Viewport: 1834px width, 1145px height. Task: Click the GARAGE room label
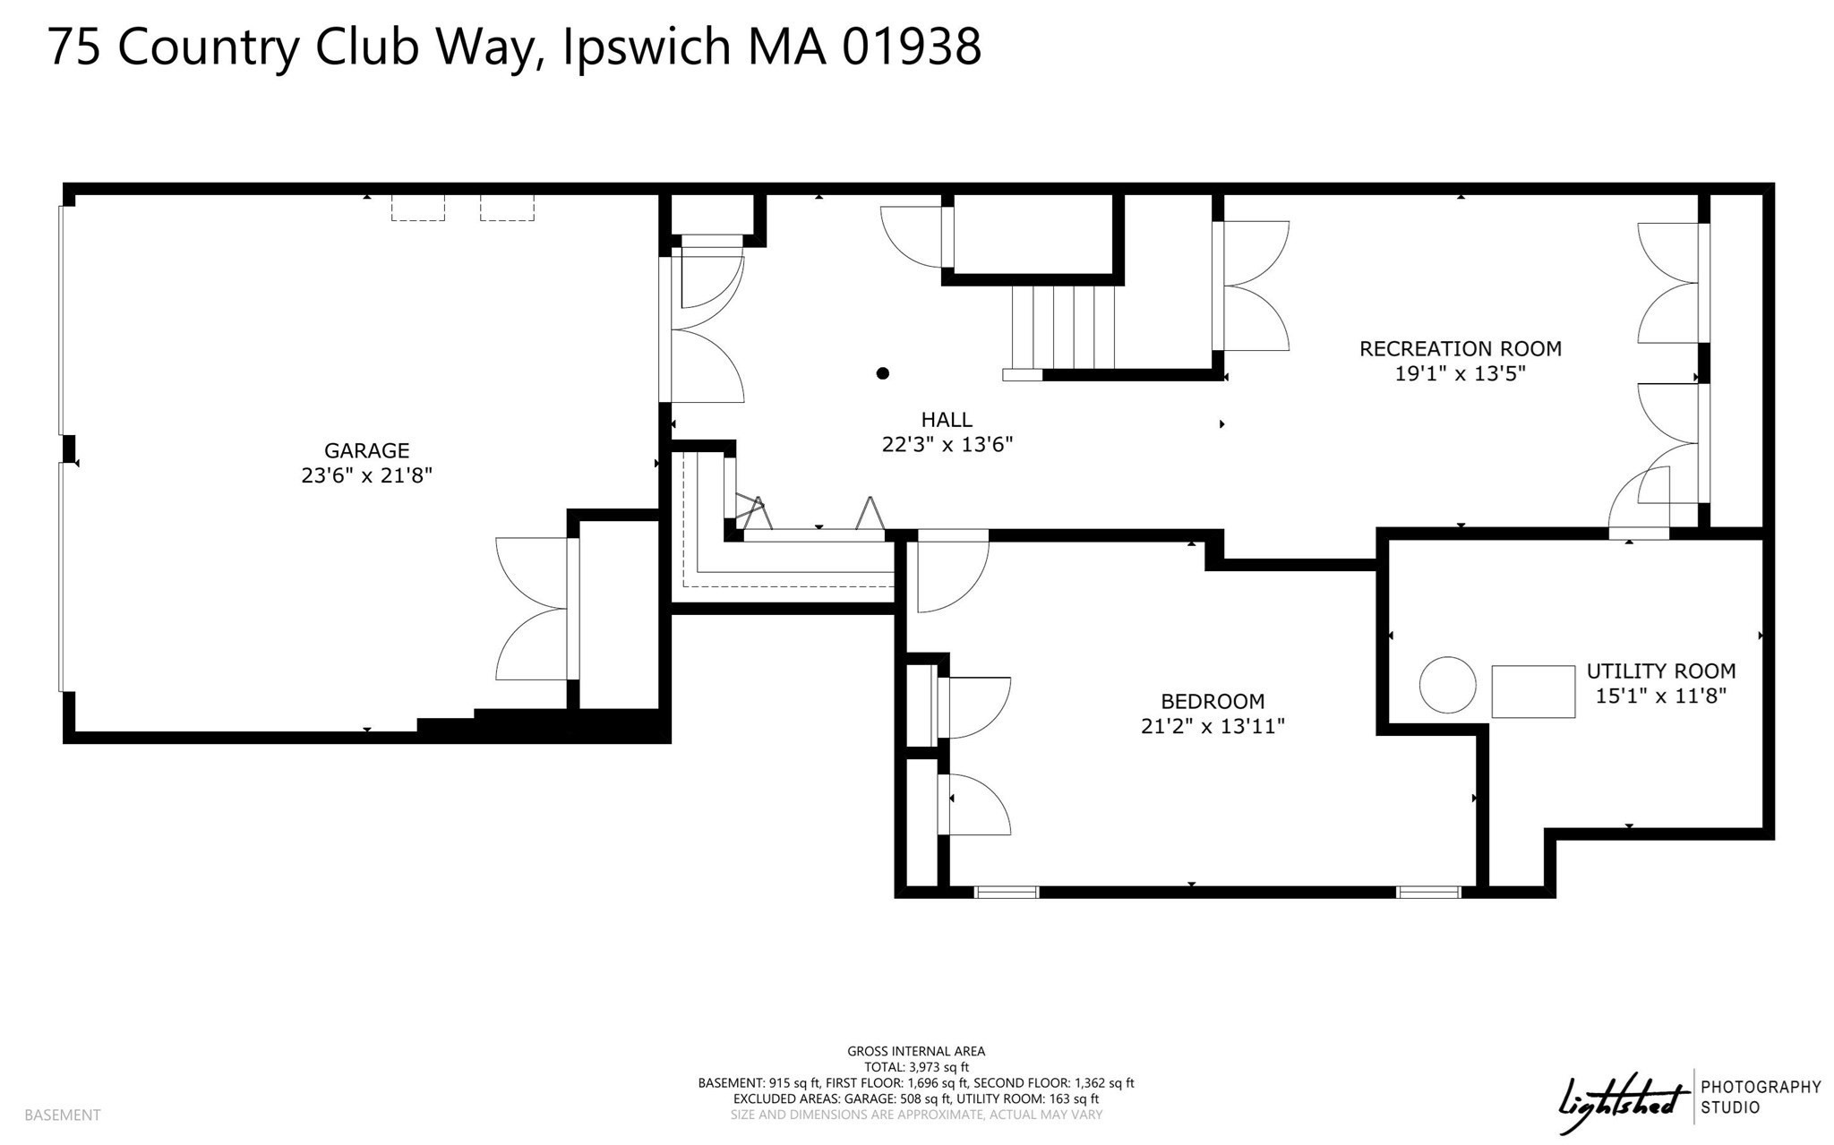coord(366,450)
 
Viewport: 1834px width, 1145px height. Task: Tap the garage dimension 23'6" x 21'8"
coord(366,475)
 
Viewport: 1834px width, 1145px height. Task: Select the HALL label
coord(947,419)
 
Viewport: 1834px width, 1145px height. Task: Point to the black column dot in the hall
coord(883,373)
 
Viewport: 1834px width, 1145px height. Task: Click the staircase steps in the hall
coord(1065,327)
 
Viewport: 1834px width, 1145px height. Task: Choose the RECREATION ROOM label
coord(1460,348)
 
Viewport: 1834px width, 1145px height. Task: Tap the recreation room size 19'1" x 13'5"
coord(1460,373)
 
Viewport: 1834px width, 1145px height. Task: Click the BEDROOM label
coord(1213,701)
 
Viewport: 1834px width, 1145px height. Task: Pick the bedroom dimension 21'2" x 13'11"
coord(1213,726)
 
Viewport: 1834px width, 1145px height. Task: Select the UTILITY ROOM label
coord(1660,671)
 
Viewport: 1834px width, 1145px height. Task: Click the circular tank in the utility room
coord(1447,685)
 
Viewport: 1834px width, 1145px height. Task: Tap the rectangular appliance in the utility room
coord(1533,691)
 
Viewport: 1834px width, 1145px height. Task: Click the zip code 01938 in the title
coord(911,47)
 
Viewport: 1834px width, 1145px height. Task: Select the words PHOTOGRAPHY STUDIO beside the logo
coord(1761,1097)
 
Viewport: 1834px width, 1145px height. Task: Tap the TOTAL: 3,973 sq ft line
coord(916,1067)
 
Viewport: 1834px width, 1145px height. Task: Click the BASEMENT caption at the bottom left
coord(63,1115)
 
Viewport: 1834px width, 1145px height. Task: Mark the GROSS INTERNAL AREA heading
coord(916,1051)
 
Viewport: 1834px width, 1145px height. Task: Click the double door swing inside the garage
coord(532,609)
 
